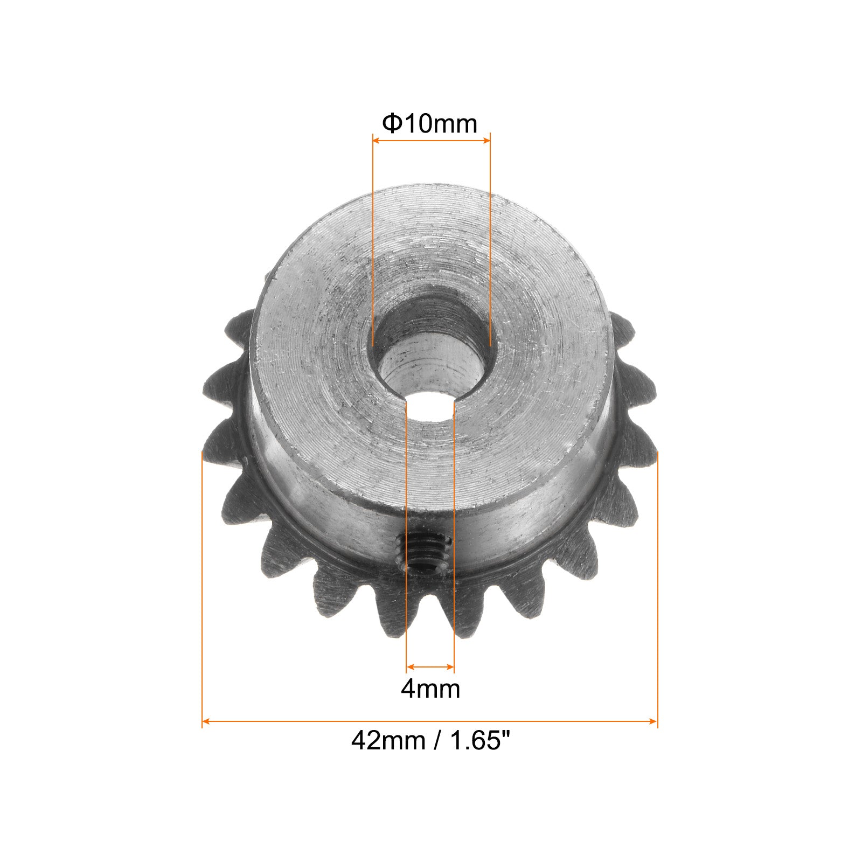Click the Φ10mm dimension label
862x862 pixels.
coord(429,124)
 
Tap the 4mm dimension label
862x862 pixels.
coord(430,689)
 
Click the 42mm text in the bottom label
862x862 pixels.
coord(387,741)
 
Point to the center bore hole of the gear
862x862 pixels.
coord(431,356)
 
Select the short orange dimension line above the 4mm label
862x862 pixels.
coord(430,666)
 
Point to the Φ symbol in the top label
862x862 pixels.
coord(391,124)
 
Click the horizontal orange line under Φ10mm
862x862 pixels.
coord(431,141)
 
